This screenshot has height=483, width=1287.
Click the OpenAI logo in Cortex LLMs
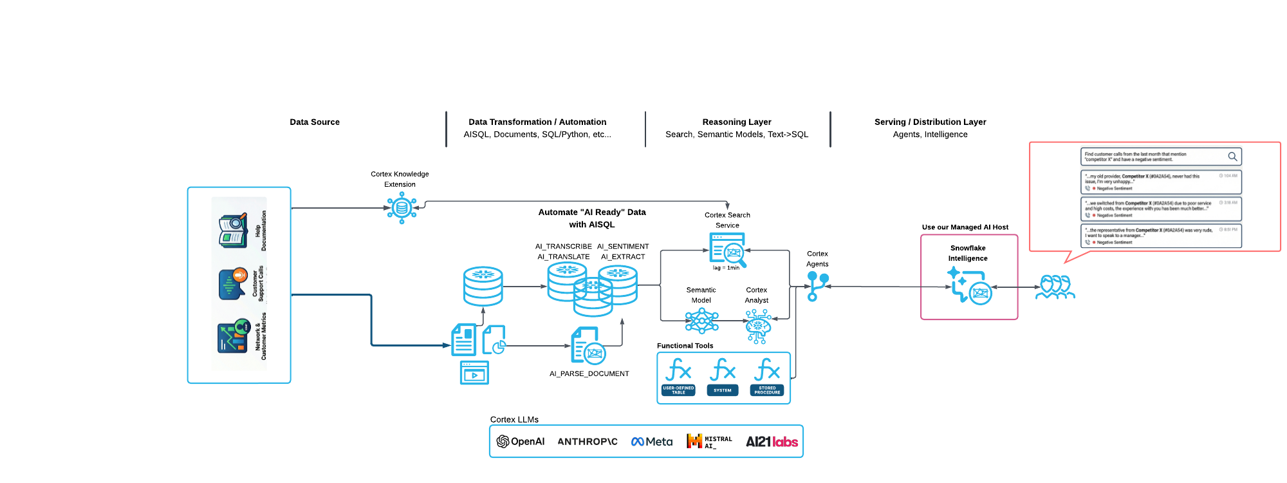click(x=521, y=441)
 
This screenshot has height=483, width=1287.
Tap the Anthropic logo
click(x=587, y=441)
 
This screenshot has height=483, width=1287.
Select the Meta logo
click(x=652, y=441)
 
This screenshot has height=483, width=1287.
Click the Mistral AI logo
click(x=708, y=441)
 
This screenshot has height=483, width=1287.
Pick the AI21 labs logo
click(x=772, y=441)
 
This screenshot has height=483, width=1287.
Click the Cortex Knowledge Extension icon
click(x=402, y=208)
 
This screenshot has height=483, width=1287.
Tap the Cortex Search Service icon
click(x=728, y=250)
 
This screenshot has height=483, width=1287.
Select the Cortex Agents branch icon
click(x=817, y=285)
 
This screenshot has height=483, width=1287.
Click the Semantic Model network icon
click(x=701, y=320)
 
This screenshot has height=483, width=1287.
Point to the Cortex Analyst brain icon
click(x=758, y=325)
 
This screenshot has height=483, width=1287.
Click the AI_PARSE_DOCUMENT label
click(x=589, y=374)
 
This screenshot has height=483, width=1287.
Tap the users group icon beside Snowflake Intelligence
click(x=1055, y=287)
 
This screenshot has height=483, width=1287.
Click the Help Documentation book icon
click(x=233, y=231)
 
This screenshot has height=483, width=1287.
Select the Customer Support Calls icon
click(x=233, y=283)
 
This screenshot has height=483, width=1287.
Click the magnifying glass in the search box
click(x=1232, y=156)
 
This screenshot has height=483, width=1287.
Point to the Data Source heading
click(x=315, y=122)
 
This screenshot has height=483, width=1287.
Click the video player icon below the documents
click(x=474, y=373)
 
